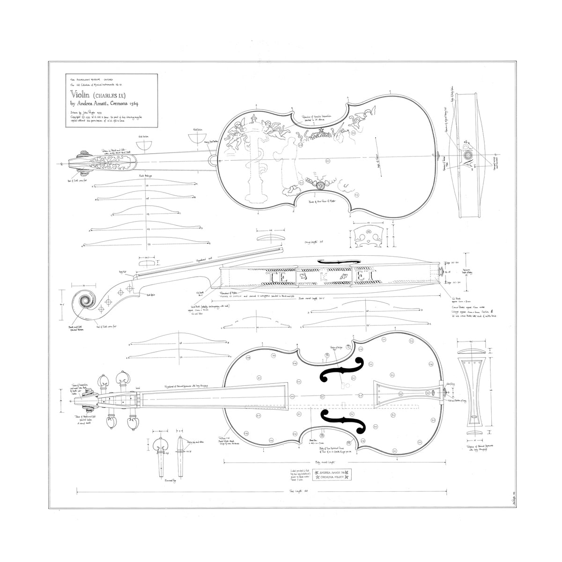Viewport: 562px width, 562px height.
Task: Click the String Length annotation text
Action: click(x=315, y=242)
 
